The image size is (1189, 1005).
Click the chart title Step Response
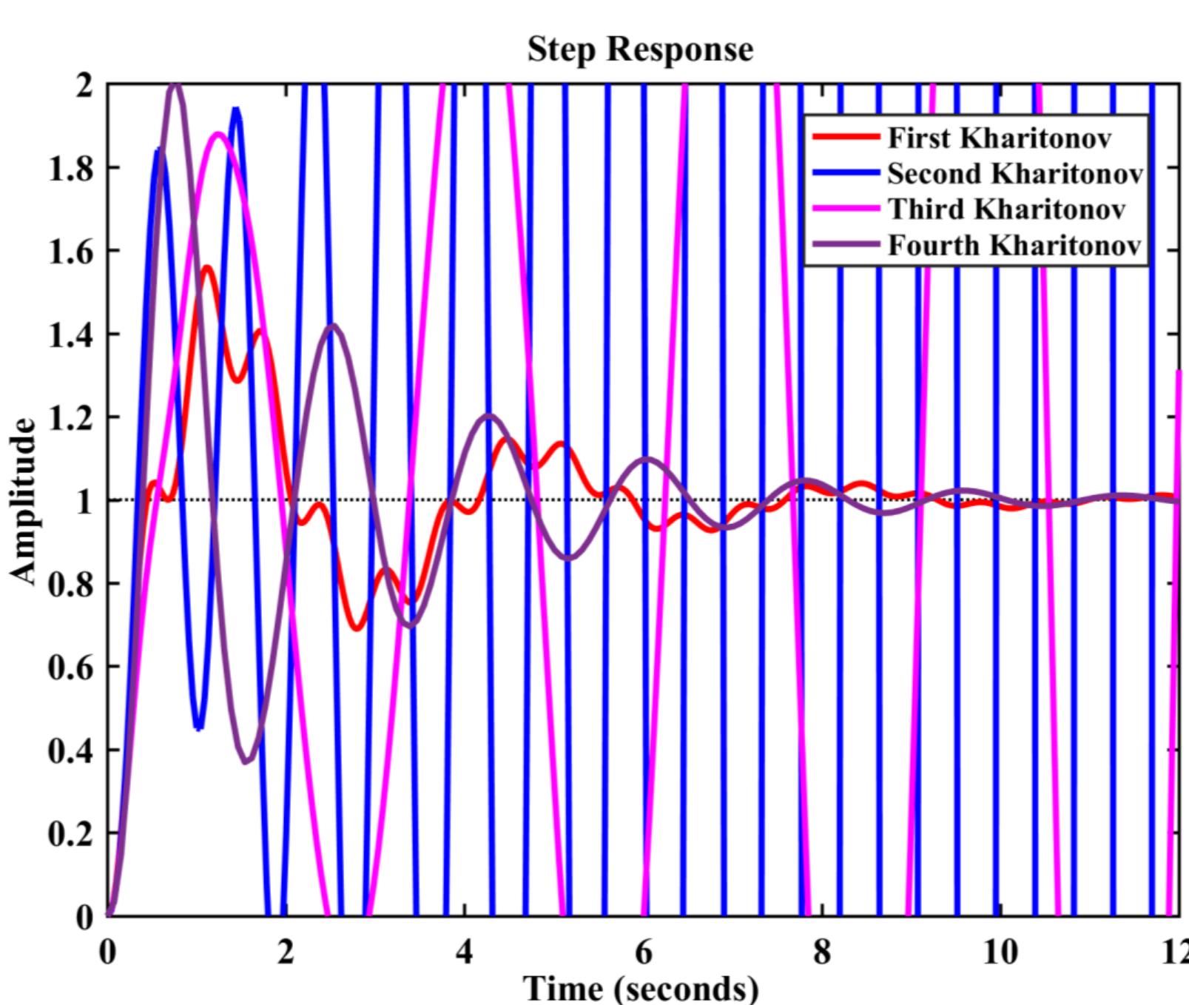pyautogui.click(x=640, y=50)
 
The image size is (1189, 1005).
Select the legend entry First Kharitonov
pyautogui.click(x=999, y=138)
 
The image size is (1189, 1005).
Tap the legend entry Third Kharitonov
pyautogui.click(x=1006, y=209)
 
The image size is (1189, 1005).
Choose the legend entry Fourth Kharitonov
pyautogui.click(x=1014, y=245)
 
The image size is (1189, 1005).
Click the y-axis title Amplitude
pyautogui.click(x=24, y=501)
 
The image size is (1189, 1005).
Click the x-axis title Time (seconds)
pyautogui.click(x=641, y=989)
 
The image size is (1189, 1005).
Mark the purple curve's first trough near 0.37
pyautogui.click(x=248, y=761)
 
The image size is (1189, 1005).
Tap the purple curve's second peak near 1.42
pyautogui.click(x=334, y=326)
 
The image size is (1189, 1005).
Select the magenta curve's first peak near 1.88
pyautogui.click(x=218, y=134)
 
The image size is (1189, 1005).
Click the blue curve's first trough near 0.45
pyautogui.click(x=198, y=728)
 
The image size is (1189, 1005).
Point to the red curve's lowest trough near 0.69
pyautogui.click(x=358, y=628)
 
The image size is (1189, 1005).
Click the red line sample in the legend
pyautogui.click(x=846, y=138)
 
